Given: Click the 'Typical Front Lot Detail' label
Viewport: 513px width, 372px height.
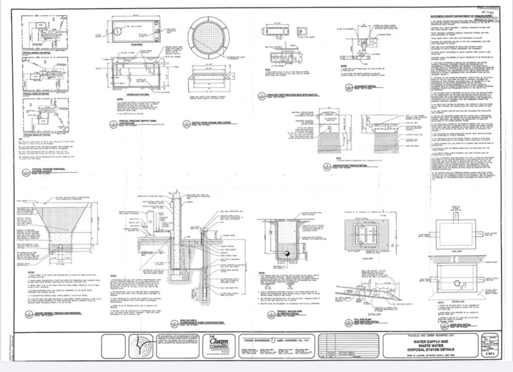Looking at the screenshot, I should pyautogui.click(x=37, y=54).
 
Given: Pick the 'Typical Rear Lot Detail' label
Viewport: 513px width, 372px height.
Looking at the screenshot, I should pyautogui.click(x=37, y=134).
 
